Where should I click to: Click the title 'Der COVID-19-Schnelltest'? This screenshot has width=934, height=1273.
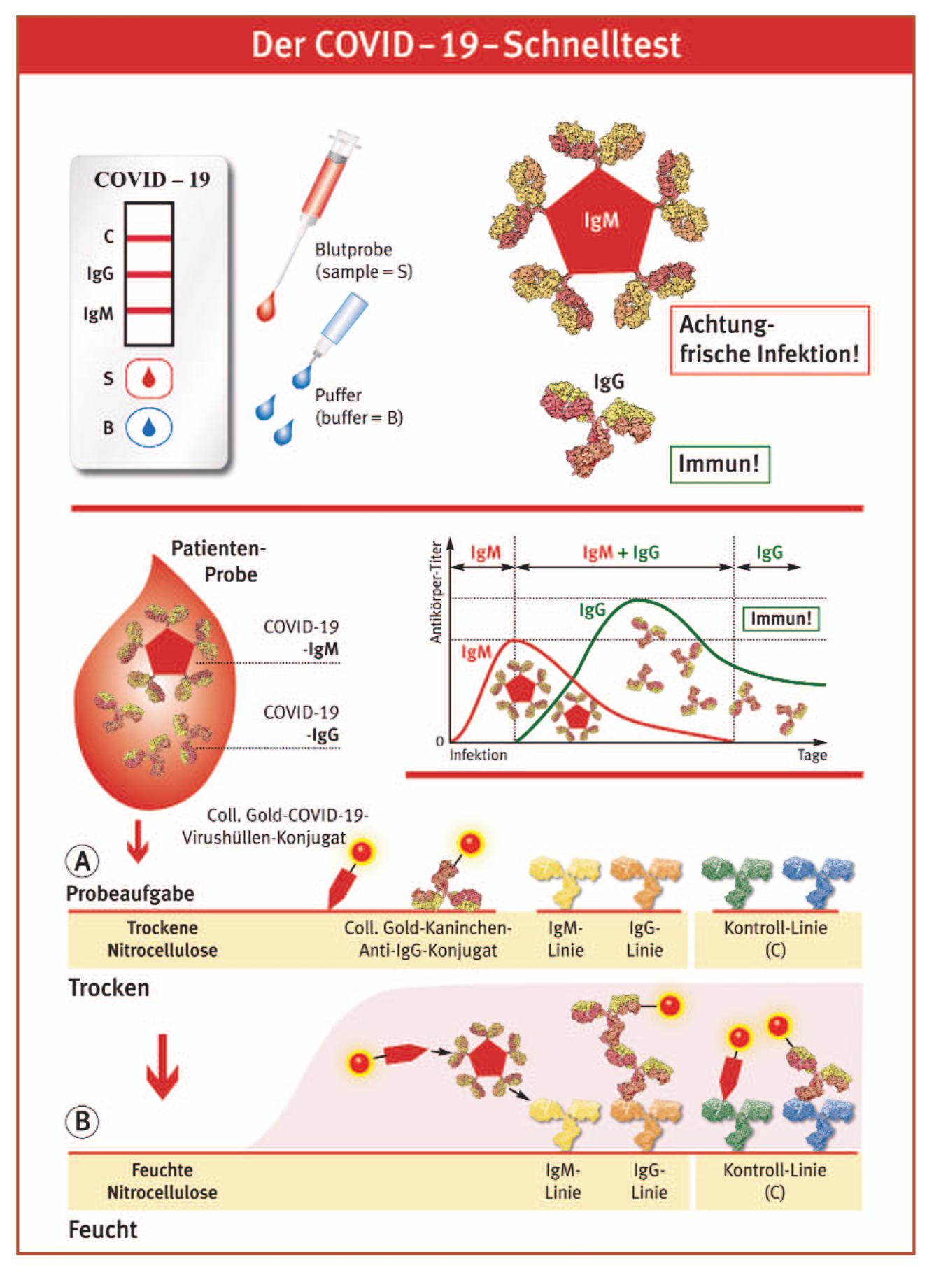tap(466, 45)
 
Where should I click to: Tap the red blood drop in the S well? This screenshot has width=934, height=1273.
tap(148, 378)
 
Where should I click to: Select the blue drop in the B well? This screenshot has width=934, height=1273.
tap(148, 427)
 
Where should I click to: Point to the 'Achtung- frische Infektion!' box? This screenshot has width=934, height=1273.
tap(769, 340)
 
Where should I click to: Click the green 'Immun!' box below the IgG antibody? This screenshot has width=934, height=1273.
tap(719, 464)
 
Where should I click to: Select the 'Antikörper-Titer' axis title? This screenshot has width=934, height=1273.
tap(436, 592)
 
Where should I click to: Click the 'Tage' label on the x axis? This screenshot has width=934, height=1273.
tap(812, 755)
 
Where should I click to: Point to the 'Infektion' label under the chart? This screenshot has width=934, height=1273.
tap(478, 755)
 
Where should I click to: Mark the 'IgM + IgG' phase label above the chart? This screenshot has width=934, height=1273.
tap(621, 553)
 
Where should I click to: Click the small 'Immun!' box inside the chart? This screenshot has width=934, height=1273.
tap(780, 618)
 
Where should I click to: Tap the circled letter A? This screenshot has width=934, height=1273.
tap(83, 861)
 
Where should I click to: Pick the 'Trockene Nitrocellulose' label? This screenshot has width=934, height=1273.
tap(162, 939)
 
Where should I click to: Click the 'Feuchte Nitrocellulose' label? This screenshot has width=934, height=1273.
tap(162, 1181)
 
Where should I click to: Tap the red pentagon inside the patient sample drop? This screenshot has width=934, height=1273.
tap(170, 652)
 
